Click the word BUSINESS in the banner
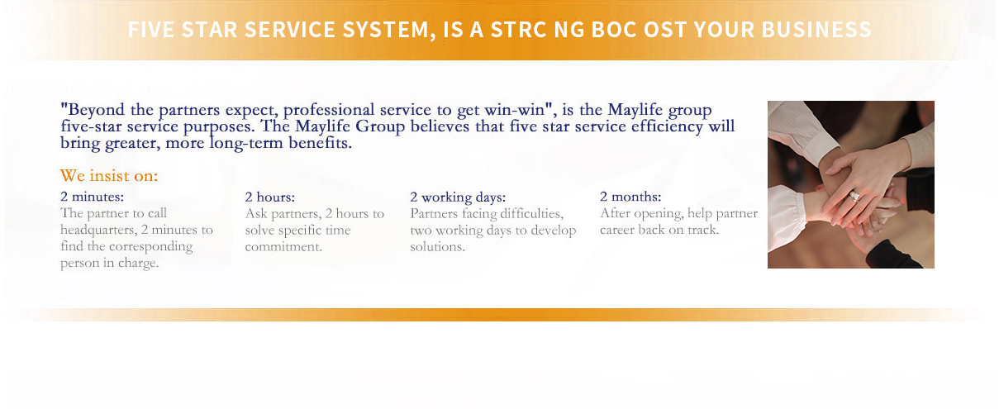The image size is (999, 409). click(816, 30)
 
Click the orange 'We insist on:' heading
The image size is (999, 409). click(109, 176)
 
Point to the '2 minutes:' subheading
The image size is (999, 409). click(93, 197)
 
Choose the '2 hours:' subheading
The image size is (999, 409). click(270, 197)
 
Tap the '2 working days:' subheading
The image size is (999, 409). click(458, 197)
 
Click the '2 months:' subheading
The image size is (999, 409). click(630, 197)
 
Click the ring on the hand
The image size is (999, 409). click(854, 196)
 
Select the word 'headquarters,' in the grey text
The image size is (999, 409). click(98, 231)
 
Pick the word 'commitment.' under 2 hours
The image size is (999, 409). click(283, 247)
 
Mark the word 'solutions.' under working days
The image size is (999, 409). click(437, 247)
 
